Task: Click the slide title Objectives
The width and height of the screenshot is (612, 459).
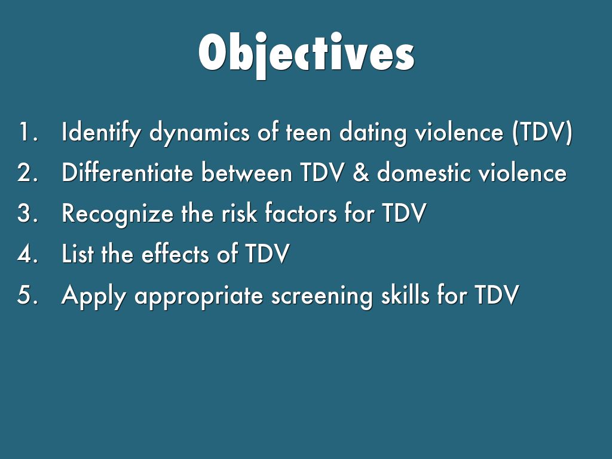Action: (307, 54)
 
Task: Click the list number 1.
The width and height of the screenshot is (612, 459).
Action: (28, 132)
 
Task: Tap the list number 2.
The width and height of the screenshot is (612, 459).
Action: (27, 172)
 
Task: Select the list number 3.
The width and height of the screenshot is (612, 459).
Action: (27, 213)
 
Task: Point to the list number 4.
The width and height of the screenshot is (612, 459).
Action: (27, 253)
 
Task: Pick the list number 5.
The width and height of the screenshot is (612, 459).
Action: (27, 295)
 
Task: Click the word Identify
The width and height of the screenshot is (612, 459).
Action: (100, 133)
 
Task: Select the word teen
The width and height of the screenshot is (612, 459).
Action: (308, 133)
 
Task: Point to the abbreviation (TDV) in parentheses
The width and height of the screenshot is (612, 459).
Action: (543, 133)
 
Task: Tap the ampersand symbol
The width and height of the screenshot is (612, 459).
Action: (361, 173)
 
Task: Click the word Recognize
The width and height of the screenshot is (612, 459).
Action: (118, 214)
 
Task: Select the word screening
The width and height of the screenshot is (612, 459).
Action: (322, 295)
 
